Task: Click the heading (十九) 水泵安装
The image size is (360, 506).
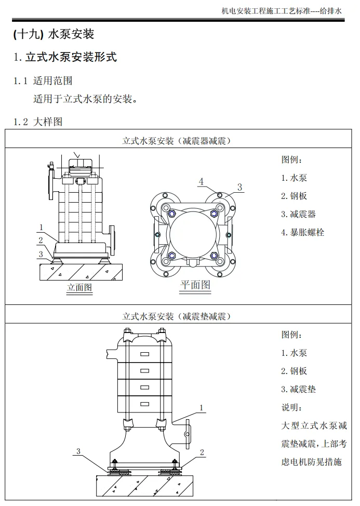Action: [54, 35]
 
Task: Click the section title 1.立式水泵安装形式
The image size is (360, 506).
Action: [65, 57]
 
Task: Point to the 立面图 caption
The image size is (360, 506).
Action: [79, 287]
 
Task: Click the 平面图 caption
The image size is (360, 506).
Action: [195, 285]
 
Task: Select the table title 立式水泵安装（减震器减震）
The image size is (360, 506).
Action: [177, 140]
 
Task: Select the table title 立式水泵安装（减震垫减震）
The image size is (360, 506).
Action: [177, 316]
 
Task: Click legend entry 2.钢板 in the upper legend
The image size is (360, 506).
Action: [294, 196]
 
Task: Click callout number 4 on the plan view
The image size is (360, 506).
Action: [201, 181]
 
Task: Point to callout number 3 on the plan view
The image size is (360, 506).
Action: [239, 187]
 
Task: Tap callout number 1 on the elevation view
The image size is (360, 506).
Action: [41, 227]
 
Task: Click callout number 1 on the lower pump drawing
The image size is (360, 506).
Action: [201, 407]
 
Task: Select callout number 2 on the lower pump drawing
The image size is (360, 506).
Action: [202, 452]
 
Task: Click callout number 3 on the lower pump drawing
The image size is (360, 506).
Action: [78, 451]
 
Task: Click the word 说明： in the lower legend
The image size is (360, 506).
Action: [291, 407]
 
